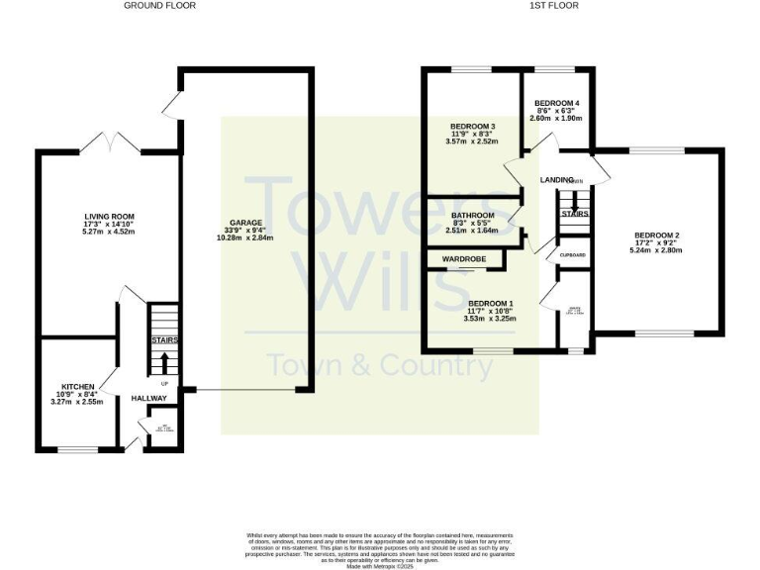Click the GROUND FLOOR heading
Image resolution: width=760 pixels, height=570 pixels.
tap(159, 6)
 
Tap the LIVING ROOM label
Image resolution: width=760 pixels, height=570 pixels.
tap(109, 216)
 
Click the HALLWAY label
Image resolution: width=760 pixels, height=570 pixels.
tap(148, 398)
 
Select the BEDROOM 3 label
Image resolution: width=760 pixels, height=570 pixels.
tap(472, 127)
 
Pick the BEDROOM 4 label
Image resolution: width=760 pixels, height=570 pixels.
tap(557, 104)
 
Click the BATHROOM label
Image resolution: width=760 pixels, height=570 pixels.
tap(472, 216)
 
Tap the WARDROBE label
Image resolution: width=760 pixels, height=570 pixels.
tap(462, 260)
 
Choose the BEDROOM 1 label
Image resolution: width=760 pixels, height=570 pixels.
tap(491, 303)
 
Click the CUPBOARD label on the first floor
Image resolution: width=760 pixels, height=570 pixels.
tap(573, 255)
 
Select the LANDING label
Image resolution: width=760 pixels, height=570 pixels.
tap(556, 180)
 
